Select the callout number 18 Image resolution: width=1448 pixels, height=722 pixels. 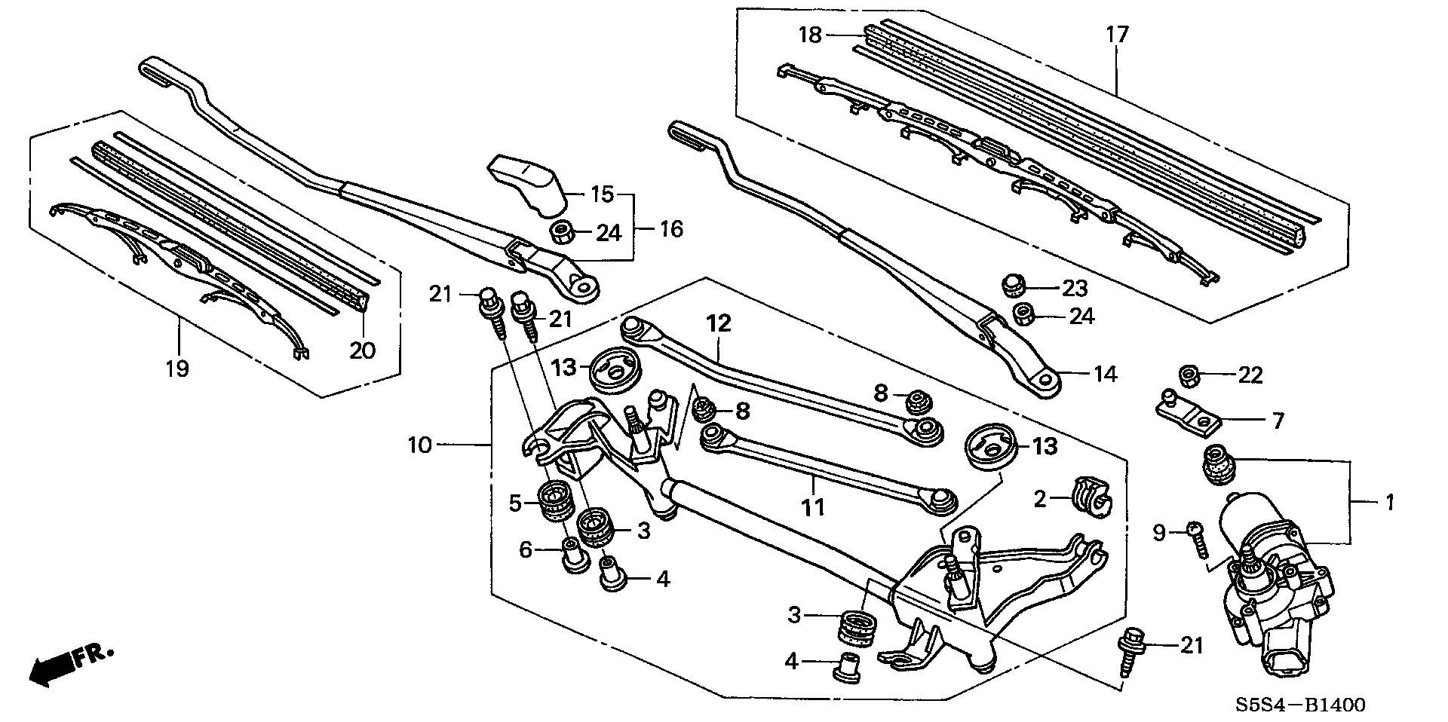[x=810, y=35]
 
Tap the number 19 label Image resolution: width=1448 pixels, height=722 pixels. [x=178, y=369]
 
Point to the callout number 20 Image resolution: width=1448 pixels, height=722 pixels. [x=363, y=350]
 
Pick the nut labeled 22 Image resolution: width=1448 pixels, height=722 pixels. [x=1189, y=374]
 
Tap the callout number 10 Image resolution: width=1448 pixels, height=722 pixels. [x=419, y=445]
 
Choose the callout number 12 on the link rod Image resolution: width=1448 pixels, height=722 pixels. [x=719, y=324]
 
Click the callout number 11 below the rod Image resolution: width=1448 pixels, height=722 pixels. [x=813, y=508]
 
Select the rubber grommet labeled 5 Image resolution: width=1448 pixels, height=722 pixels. [x=557, y=501]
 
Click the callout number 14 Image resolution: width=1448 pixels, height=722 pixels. [x=1105, y=374]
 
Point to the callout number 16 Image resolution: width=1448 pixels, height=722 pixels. [x=671, y=228]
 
